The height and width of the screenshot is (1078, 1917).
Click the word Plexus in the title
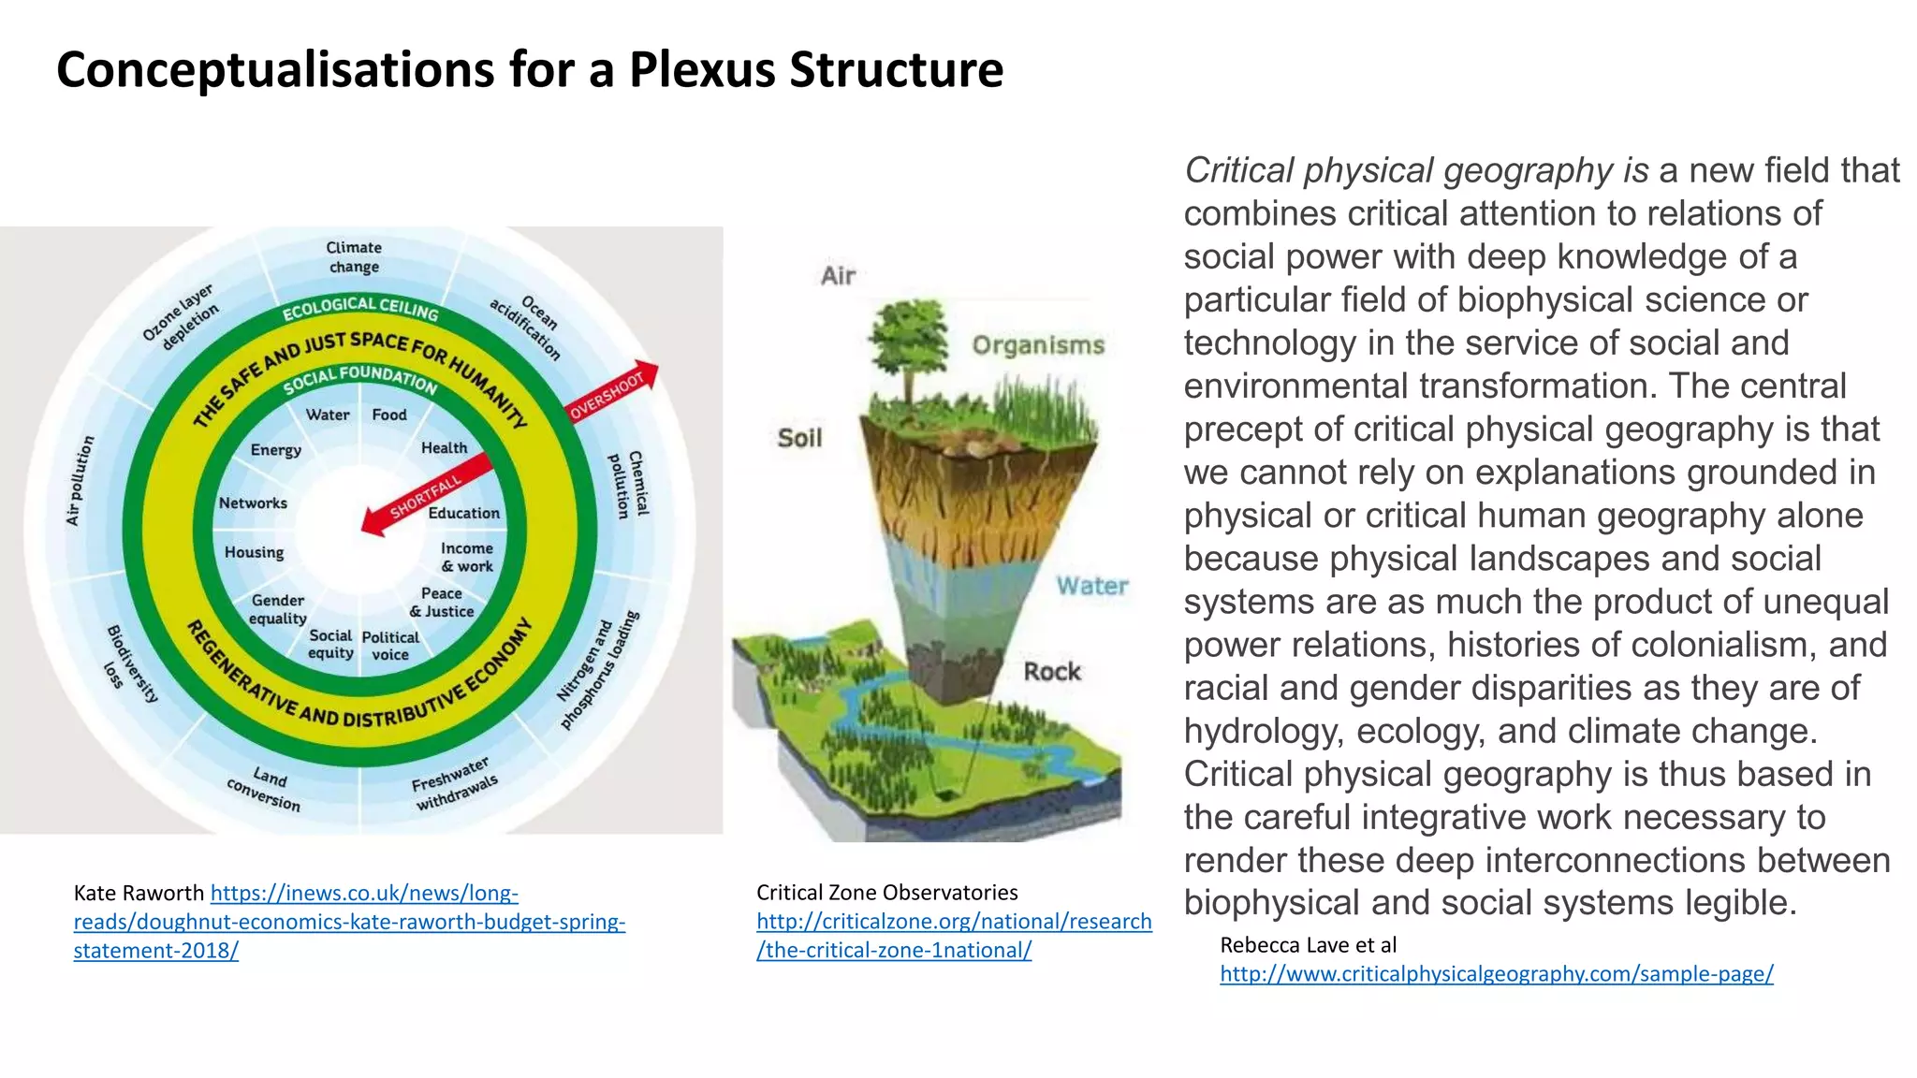(702, 70)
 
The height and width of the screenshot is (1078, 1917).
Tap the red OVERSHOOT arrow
(613, 391)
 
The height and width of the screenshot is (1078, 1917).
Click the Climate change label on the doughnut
(353, 257)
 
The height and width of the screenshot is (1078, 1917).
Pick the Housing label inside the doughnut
(254, 552)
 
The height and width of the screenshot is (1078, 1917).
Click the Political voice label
(390, 646)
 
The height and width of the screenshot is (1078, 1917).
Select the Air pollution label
(80, 480)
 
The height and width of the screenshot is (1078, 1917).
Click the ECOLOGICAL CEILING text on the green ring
(360, 307)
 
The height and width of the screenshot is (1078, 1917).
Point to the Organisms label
(1038, 345)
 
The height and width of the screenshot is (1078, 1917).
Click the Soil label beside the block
(799, 438)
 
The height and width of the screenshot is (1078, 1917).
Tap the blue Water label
(1092, 587)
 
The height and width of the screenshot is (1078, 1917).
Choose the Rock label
(1051, 672)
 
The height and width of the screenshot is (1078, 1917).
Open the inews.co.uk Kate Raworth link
(348, 922)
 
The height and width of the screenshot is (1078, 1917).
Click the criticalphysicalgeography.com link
(1496, 974)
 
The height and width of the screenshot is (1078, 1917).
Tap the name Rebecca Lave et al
(1308, 945)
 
